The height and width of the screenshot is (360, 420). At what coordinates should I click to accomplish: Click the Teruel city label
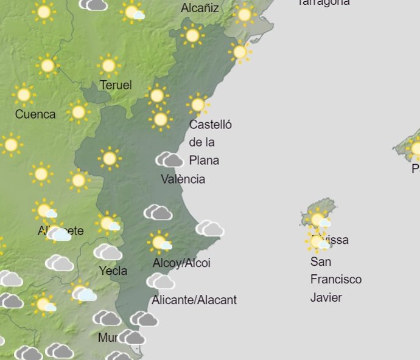click(116, 85)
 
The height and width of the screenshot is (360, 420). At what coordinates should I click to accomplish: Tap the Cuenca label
click(35, 114)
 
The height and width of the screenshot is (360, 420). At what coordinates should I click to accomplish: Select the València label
click(183, 179)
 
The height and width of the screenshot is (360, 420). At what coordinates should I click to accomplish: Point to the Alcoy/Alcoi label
click(181, 263)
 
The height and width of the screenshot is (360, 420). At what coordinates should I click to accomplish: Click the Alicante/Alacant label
click(194, 300)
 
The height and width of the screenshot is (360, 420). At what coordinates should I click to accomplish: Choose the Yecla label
click(113, 270)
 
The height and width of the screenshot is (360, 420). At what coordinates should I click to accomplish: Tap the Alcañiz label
click(200, 9)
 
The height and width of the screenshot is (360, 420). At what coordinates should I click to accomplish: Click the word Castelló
click(211, 125)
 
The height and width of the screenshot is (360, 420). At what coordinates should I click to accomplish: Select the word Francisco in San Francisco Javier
click(335, 280)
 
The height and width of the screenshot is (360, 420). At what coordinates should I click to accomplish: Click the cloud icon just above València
click(170, 160)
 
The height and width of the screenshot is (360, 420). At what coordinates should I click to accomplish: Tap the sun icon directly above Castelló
click(197, 105)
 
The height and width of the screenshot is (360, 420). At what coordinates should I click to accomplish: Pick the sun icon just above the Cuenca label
click(24, 95)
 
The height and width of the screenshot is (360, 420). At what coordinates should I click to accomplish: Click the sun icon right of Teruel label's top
click(157, 95)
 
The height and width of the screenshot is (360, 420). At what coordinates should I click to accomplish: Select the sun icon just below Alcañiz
click(192, 36)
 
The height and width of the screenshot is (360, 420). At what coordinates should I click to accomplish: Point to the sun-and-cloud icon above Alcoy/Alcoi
click(159, 243)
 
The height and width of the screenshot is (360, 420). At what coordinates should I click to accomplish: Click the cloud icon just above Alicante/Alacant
click(161, 281)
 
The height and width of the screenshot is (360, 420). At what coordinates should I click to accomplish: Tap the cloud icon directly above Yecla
click(108, 252)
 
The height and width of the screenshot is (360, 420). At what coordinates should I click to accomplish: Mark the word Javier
click(326, 298)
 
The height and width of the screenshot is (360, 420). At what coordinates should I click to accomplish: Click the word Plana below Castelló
click(204, 161)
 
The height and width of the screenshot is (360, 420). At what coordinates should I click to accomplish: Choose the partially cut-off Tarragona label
click(324, 2)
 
